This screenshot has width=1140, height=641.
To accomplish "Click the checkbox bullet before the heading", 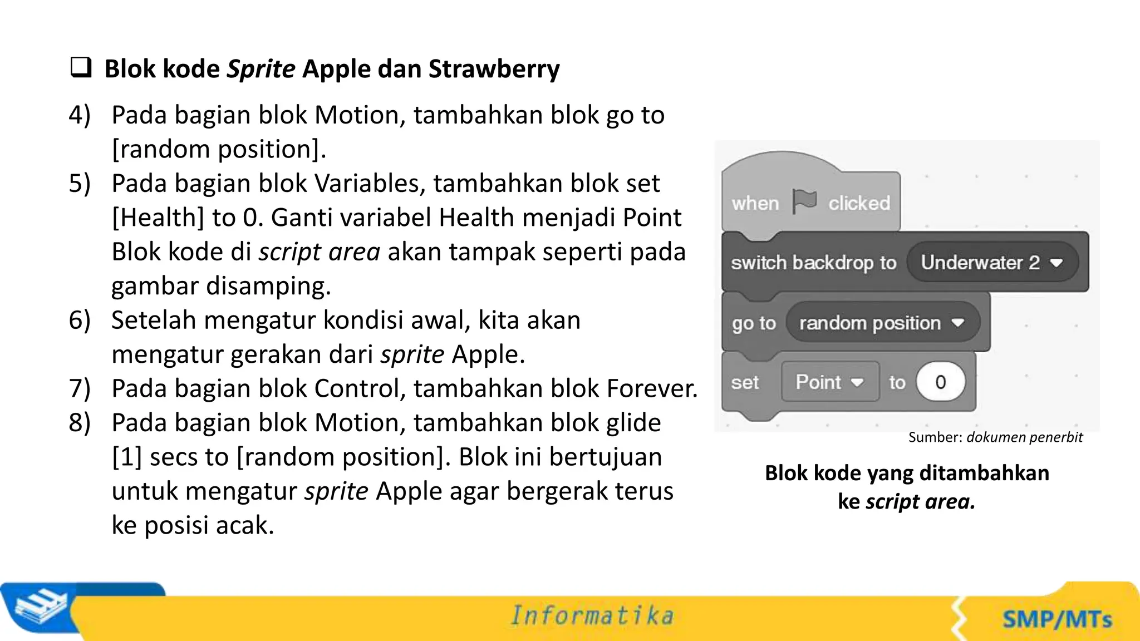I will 81,67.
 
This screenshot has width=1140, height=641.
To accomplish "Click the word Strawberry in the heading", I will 494,69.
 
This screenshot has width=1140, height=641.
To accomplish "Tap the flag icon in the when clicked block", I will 804,201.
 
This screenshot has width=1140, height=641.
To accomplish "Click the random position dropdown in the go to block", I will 882,323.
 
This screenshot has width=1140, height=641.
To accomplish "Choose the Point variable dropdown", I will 829,382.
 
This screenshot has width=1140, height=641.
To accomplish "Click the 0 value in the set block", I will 940,382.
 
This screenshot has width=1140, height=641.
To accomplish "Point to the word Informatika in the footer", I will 592,615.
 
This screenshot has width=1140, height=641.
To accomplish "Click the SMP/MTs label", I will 1057,619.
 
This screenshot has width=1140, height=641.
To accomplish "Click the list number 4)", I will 80,115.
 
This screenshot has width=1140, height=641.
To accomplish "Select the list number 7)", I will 80,388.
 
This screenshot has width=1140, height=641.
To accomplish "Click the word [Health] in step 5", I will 158,218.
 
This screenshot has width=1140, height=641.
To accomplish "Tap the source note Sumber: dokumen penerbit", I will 995,437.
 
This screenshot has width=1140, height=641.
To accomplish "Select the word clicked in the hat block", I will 859,203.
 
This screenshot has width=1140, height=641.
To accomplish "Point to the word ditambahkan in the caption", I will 984,473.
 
